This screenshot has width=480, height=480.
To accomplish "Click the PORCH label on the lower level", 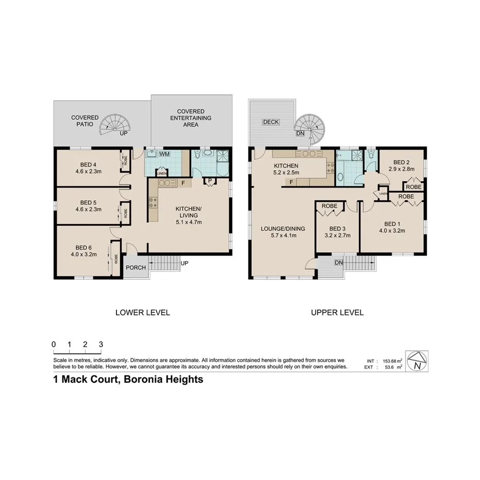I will click(x=136, y=268).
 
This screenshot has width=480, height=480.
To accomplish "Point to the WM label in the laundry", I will click(x=164, y=154).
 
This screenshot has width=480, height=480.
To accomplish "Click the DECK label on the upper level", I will click(x=270, y=122).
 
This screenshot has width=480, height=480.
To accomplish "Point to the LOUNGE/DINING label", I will click(x=283, y=229).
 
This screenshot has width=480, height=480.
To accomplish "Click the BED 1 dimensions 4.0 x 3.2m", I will click(x=392, y=231).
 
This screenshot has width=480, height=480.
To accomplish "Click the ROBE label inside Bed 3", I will click(x=329, y=206).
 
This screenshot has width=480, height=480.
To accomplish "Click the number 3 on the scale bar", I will click(x=101, y=345).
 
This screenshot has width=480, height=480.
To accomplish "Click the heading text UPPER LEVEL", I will click(x=337, y=312).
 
